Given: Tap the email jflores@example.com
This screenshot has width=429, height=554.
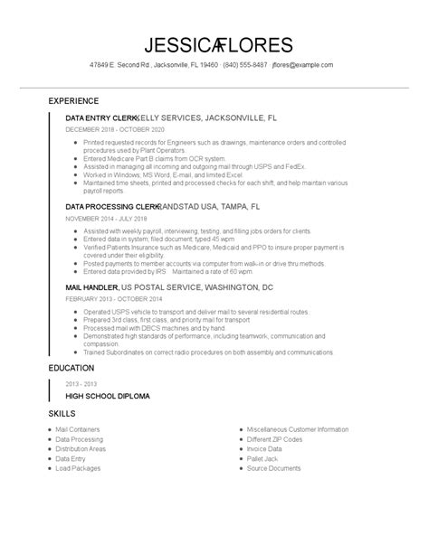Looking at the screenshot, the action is (304, 65).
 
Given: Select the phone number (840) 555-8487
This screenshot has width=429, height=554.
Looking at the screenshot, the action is (244, 65).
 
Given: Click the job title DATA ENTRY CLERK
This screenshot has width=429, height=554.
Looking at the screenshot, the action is (100, 118).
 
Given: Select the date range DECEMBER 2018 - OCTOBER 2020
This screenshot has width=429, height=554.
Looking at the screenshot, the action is (115, 129).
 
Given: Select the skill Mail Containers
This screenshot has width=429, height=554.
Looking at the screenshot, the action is (78, 429).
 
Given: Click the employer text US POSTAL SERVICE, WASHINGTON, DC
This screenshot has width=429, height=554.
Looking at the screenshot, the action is (192, 286).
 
